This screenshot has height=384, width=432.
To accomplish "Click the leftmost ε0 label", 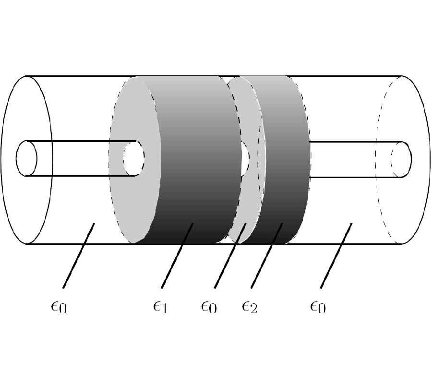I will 59,306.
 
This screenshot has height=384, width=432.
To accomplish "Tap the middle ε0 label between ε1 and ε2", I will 209,306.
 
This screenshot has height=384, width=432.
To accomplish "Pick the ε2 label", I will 250,306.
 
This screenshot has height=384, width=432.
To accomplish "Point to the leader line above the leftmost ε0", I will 78,255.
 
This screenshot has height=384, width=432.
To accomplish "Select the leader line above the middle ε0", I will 229,255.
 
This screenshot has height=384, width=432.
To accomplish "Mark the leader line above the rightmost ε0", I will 336,255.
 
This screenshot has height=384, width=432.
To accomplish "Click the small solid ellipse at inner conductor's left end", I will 26,158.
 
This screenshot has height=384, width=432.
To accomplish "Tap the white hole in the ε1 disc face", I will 133,158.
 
